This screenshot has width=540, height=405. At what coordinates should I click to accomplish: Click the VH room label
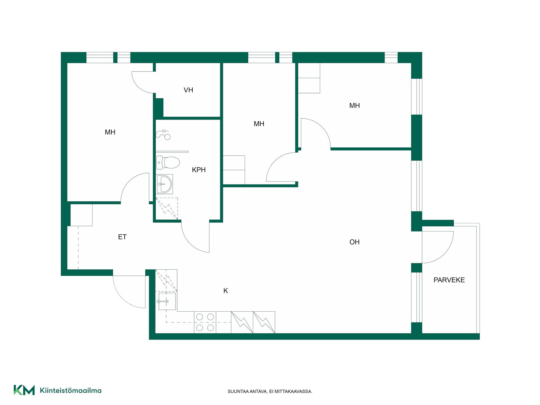click(x=188, y=90)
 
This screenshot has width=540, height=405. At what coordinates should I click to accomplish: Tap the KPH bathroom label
click(x=199, y=170)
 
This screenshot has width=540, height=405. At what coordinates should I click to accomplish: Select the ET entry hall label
click(x=122, y=237)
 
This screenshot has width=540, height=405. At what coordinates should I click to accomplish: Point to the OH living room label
click(x=354, y=242)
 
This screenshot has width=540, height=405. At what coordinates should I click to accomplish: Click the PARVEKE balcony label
click(x=449, y=280)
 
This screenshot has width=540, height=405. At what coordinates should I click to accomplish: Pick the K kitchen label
click(x=226, y=291)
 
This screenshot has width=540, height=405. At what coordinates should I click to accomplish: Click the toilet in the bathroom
click(x=168, y=163)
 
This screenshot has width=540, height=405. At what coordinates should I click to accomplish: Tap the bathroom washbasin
click(x=165, y=184)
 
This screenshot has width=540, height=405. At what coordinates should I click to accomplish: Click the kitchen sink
click(x=167, y=301)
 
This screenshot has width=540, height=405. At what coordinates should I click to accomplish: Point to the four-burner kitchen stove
click(x=205, y=322)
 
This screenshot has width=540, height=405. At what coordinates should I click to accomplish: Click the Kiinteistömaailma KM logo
click(x=24, y=390)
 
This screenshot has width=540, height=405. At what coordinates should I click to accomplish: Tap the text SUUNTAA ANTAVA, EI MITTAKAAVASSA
click(x=270, y=391)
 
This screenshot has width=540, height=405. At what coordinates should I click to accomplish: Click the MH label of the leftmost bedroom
click(x=110, y=132)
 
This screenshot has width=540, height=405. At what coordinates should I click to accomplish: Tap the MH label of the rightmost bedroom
click(x=354, y=106)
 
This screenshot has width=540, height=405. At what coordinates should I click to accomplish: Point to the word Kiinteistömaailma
click(x=71, y=390)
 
